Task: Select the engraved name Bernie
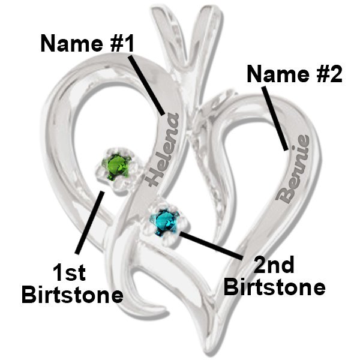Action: (293, 169)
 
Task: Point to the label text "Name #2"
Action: (294, 74)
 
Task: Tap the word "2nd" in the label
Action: (274, 264)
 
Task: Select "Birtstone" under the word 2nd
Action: (275, 286)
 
